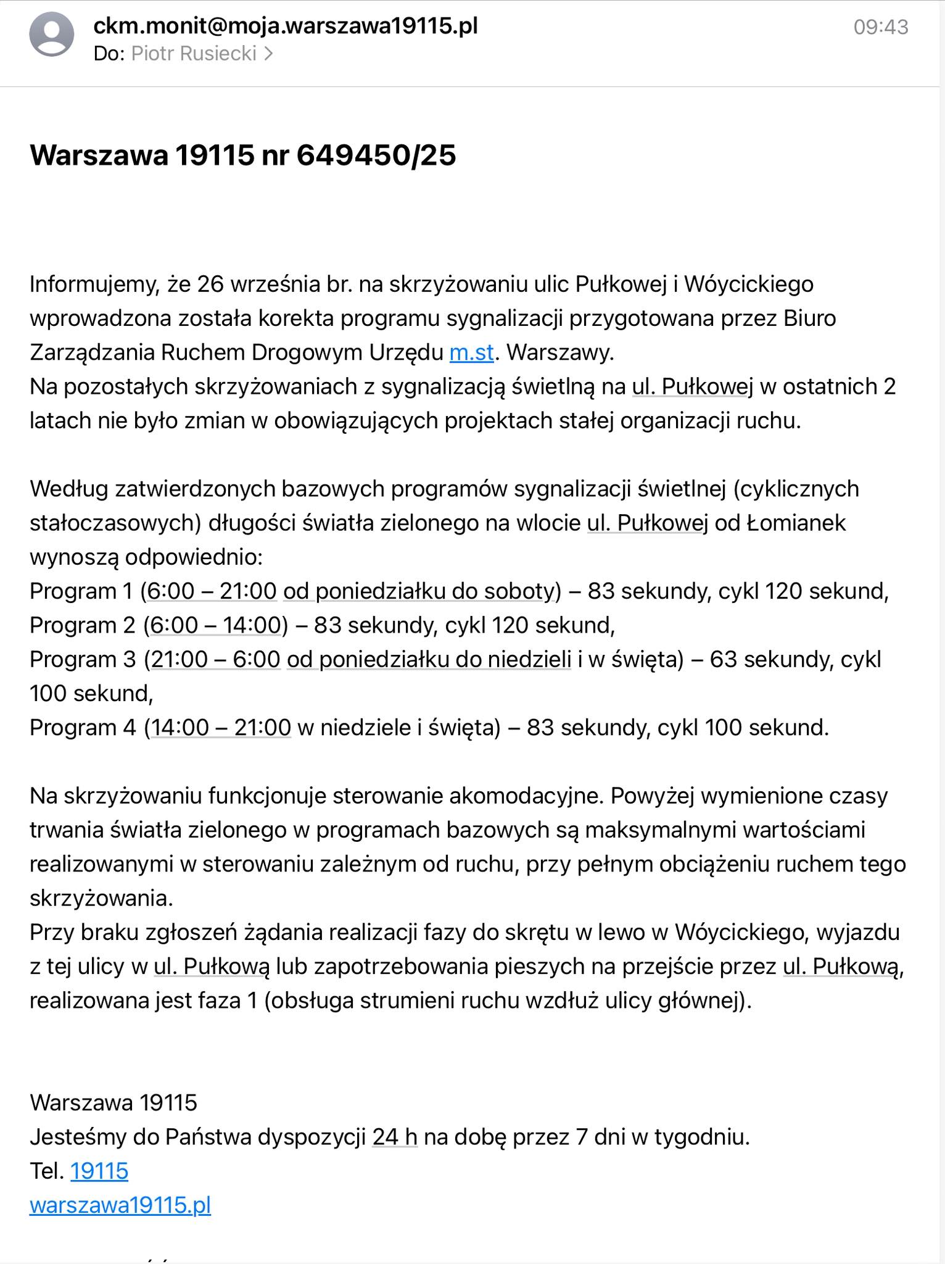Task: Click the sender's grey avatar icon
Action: (52, 35)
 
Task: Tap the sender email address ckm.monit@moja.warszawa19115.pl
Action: (285, 26)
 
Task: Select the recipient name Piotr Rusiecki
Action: (194, 54)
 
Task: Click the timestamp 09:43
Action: (880, 27)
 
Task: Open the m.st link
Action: (472, 352)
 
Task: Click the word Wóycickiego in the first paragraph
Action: (749, 285)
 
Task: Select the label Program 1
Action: (81, 591)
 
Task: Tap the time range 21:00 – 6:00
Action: (216, 660)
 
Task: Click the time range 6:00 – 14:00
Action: (216, 625)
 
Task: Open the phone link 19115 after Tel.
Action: (99, 1171)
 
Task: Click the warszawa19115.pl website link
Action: (120, 1205)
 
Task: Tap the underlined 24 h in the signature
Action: (395, 1137)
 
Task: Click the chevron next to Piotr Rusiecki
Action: (268, 54)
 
